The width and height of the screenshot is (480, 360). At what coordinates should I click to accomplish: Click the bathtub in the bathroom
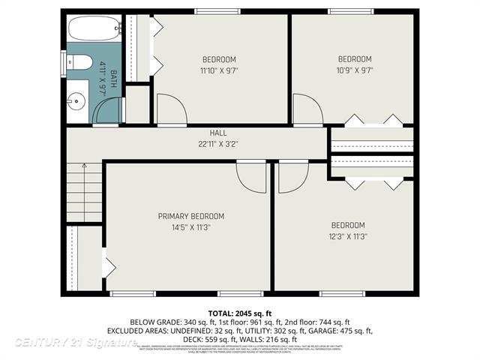pos(94,30)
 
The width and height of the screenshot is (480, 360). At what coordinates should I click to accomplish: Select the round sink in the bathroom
pos(76,100)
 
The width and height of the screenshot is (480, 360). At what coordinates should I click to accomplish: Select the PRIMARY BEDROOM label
pos(190,217)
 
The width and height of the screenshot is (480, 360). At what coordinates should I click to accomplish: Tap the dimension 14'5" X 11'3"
pos(190,227)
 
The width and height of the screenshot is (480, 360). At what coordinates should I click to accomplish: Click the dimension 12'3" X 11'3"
pos(348,235)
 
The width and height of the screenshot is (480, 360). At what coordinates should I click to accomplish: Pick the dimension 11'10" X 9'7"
pos(218,70)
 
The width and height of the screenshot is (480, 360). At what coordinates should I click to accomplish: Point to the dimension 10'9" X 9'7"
pos(354,70)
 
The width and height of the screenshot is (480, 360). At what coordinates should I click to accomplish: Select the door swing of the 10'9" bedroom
pos(306,110)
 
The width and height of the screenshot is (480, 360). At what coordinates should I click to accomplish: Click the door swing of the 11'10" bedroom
pos(170,110)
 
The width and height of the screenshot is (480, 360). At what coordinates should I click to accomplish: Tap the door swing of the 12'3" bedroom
pos(292,178)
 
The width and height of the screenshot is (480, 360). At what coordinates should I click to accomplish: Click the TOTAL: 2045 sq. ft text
pos(240,313)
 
